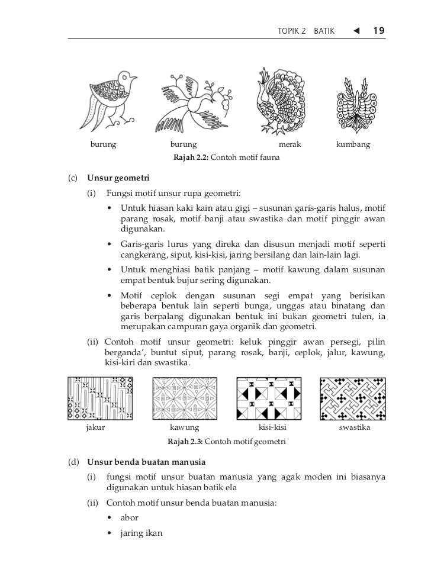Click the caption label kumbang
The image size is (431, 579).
pyautogui.click(x=353, y=144)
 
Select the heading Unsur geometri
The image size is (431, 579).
pyautogui.click(x=118, y=178)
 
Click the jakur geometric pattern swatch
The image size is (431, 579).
pyautogui.click(x=100, y=398)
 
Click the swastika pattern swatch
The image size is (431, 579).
pyautogui.click(x=353, y=398)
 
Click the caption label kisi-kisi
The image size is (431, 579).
pyautogui.click(x=273, y=427)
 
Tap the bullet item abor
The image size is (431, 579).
pyautogui.click(x=129, y=517)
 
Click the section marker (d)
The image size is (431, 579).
pyautogui.click(x=74, y=461)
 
